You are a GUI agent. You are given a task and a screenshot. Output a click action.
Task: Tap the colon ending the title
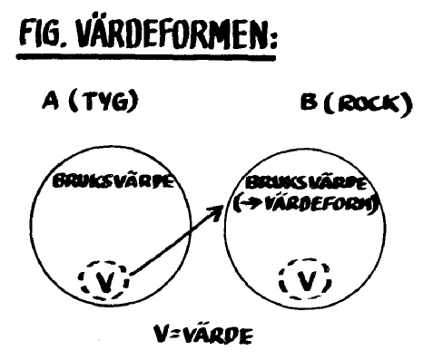click(272, 39)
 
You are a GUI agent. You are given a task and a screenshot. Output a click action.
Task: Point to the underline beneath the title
click(146, 56)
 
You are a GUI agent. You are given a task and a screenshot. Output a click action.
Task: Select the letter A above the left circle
click(50, 102)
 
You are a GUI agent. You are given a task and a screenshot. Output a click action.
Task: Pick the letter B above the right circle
click(309, 102)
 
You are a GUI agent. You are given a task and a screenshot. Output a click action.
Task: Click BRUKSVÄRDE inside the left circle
click(113, 181)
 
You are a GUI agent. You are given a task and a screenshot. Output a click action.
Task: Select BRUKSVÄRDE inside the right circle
click(305, 183)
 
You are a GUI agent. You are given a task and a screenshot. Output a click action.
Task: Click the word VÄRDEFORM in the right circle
click(319, 205)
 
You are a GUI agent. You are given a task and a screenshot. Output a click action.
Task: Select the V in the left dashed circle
click(103, 281)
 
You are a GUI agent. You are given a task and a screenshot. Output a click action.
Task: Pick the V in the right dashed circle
click(306, 279)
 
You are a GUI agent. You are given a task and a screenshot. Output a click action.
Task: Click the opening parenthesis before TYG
click(73, 102)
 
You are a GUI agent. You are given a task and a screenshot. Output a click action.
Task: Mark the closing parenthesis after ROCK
click(407, 105)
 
